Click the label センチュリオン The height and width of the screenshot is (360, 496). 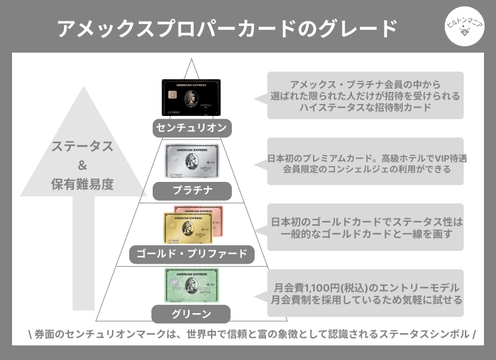tap(191, 129)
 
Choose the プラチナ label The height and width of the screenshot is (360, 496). tap(192, 190)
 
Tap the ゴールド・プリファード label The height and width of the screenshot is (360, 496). tap(192, 255)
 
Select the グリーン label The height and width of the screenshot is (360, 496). tap(191, 314)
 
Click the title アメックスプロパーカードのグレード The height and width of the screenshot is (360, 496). tap(227, 29)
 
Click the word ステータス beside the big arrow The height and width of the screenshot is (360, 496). tap(83, 147)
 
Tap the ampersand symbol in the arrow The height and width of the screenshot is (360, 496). tap(82, 166)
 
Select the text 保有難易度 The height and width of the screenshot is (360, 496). tap(82, 185)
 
